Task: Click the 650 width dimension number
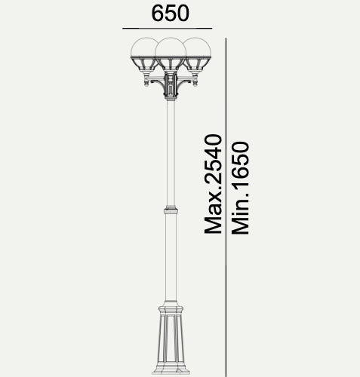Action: pos(170,14)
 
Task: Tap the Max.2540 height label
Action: pos(214,184)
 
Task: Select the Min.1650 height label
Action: pos(240,188)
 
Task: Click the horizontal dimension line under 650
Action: pos(167,29)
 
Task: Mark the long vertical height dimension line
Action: pos(226,207)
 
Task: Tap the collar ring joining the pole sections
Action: pos(171,210)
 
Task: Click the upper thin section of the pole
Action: pos(171,153)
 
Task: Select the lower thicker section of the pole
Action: pos(171,258)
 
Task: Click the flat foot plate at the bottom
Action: pos(171,372)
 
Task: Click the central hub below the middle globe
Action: pos(171,85)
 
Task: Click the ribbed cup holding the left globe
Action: pos(145,64)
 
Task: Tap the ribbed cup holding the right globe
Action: pos(197,64)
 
